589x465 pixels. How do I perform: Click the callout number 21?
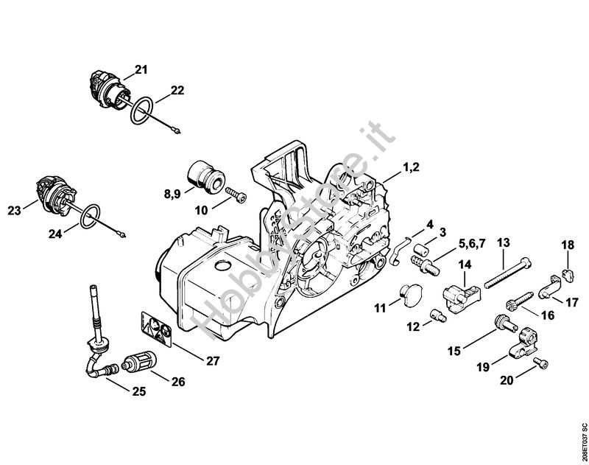tap(141, 69)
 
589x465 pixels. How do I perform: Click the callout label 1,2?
tap(411, 167)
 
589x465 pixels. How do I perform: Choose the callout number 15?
tap(454, 351)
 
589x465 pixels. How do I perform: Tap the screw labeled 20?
tap(541, 363)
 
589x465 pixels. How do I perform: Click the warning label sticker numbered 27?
tap(157, 328)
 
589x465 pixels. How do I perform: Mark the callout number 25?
tap(139, 392)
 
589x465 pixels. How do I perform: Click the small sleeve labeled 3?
tap(421, 248)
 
